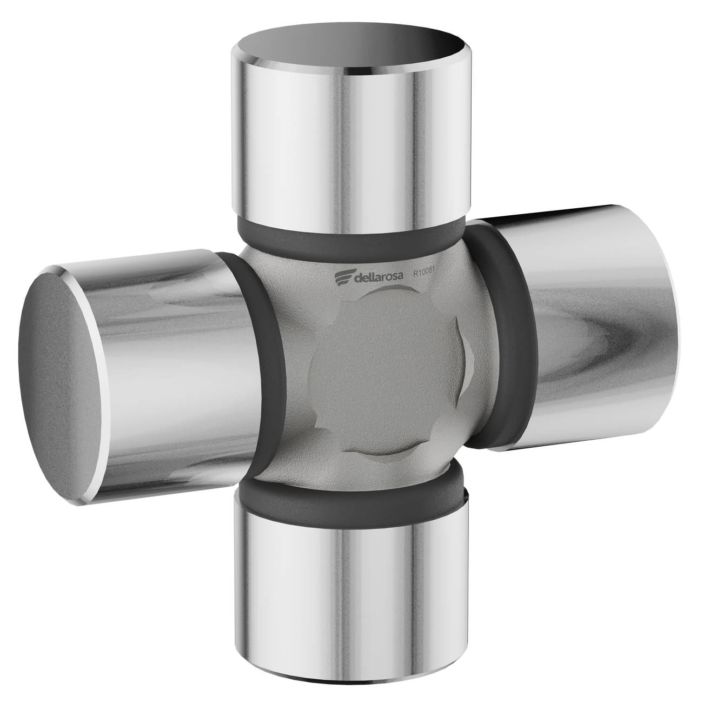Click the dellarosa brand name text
tap(379, 277)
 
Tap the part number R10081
tap(425, 273)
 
